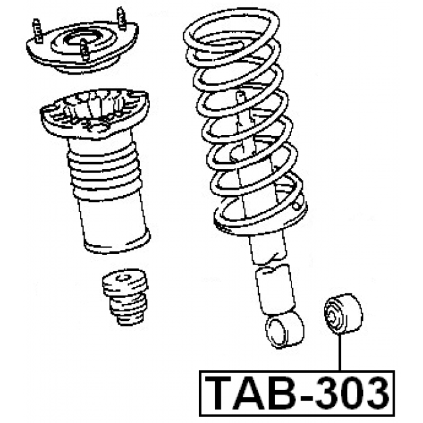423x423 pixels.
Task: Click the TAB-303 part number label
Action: (297, 394)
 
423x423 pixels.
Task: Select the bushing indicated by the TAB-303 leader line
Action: (343, 314)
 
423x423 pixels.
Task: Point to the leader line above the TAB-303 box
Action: (340, 352)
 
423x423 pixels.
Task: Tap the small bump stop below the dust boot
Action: (126, 296)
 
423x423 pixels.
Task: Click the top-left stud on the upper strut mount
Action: (37, 30)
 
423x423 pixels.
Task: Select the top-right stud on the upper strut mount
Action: (121, 18)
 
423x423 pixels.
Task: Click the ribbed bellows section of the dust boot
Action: (104, 169)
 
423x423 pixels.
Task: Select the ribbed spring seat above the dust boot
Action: (95, 112)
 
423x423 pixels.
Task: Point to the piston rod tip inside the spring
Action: (240, 96)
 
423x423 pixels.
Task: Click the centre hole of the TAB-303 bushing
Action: (332, 316)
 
